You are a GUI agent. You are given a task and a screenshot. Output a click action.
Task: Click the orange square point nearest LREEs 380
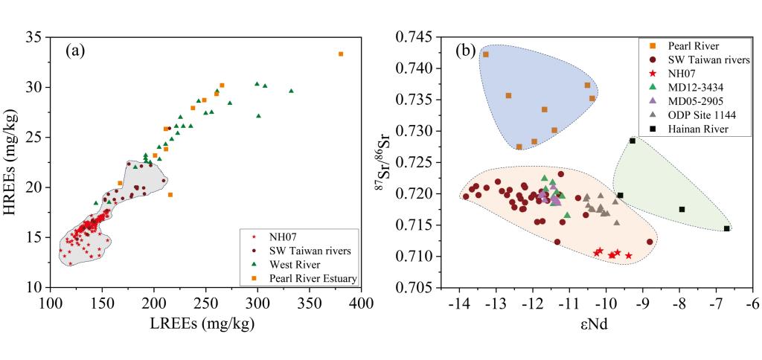click(341, 54)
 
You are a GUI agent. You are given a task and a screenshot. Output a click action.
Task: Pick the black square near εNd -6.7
click(727, 228)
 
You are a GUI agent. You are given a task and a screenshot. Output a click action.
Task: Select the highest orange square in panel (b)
click(485, 54)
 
